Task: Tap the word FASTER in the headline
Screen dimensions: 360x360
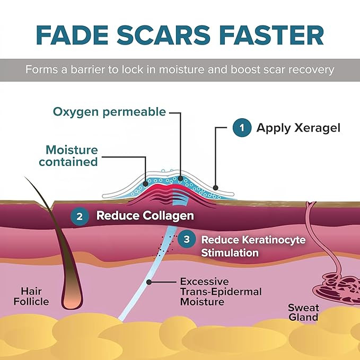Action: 274,34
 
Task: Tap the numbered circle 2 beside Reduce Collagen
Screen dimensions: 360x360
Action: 80,216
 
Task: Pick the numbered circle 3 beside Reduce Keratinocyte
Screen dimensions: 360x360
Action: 186,240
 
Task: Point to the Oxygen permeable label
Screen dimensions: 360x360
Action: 109,112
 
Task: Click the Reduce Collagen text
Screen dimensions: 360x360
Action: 145,216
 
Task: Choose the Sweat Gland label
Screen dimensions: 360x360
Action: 303,312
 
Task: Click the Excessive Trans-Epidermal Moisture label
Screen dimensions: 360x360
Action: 204,291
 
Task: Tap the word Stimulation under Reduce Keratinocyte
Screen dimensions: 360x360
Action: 230,253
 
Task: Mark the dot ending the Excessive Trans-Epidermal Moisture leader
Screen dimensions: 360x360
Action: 150,282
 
